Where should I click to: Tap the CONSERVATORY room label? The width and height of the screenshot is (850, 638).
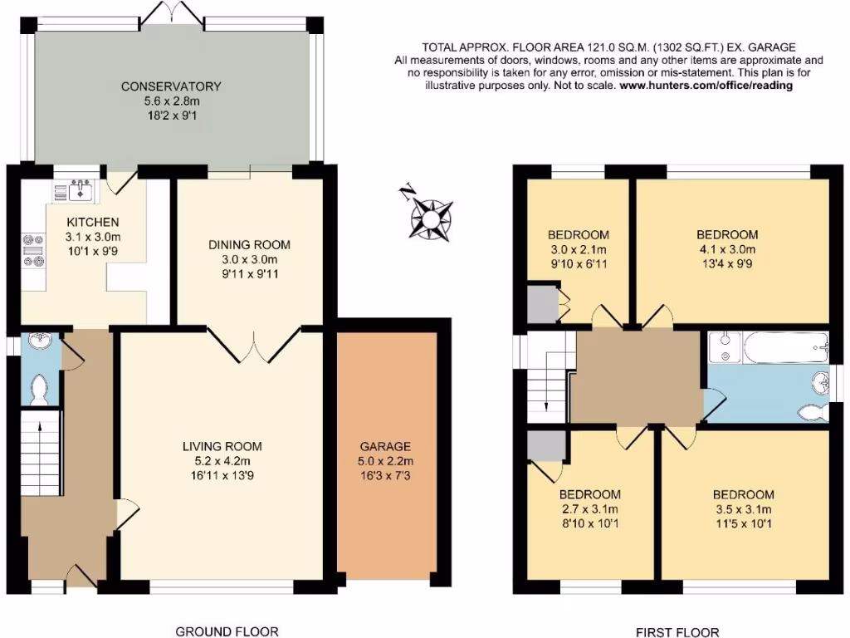[x=171, y=86]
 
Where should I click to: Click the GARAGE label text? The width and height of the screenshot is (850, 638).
[x=385, y=446]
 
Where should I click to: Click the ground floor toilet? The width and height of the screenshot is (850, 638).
[x=37, y=389]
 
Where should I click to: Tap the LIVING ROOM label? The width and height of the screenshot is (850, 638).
[x=222, y=446]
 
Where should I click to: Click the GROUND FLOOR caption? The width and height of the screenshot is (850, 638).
[x=227, y=631]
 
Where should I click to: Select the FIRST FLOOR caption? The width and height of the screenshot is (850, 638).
[x=677, y=631]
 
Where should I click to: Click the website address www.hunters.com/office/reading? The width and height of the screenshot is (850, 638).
[x=706, y=86]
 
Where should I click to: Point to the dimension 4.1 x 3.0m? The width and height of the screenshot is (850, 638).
[x=726, y=249]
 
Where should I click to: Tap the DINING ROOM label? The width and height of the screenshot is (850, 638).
[x=249, y=244]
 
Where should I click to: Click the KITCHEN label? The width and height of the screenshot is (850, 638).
[x=93, y=222]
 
